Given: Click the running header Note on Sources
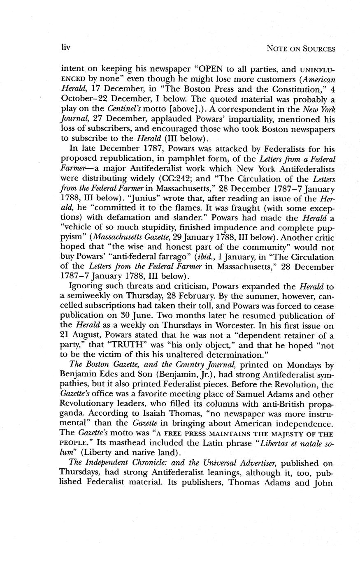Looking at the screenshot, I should pos(301,49).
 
